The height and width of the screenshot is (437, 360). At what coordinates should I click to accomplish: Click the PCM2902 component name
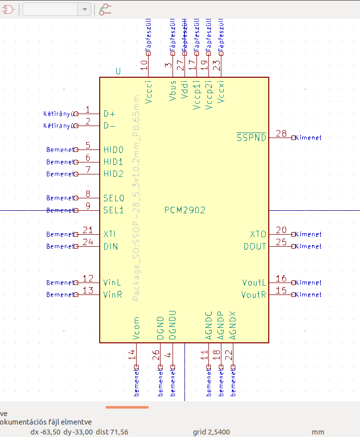(184, 210)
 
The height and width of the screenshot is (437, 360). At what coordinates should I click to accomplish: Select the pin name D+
(109, 114)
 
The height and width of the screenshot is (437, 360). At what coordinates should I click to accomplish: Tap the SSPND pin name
(251, 138)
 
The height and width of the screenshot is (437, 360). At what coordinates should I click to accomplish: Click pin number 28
(281, 134)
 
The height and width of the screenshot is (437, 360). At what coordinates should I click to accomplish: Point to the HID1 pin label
(113, 162)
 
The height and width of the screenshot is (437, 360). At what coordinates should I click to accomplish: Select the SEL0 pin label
(113, 198)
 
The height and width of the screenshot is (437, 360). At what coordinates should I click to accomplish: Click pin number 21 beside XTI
(88, 230)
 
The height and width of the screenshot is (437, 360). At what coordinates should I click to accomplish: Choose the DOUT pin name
(255, 247)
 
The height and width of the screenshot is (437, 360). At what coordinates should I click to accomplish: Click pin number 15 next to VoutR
(281, 291)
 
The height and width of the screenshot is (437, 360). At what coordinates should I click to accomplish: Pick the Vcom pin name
(136, 329)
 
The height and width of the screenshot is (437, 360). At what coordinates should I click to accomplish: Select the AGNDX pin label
(232, 326)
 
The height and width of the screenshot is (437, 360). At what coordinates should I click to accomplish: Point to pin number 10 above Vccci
(144, 64)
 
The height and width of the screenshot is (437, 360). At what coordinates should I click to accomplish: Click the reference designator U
(118, 71)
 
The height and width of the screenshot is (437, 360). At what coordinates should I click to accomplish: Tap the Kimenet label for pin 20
(309, 234)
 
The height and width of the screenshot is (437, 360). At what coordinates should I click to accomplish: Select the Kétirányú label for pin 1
(58, 114)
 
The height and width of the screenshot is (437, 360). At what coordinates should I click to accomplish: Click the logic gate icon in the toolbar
(8, 8)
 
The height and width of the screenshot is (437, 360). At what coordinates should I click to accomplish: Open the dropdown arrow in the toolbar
(85, 9)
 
